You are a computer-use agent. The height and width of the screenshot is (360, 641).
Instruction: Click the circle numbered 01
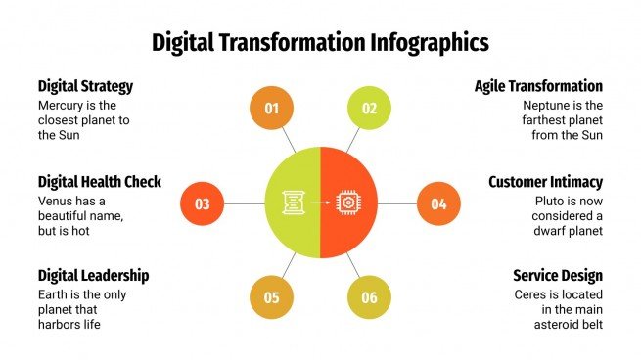[x=272, y=109]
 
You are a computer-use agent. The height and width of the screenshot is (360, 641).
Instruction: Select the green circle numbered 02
[x=369, y=109]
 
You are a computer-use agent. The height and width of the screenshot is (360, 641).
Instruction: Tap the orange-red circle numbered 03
[x=203, y=203]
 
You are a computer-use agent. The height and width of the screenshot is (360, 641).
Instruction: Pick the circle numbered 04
[x=438, y=203]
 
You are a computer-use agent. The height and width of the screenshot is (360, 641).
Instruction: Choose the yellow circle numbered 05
[x=272, y=297]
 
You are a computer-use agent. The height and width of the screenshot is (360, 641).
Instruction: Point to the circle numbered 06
[x=369, y=297]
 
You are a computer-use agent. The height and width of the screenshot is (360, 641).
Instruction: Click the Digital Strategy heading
[x=85, y=86]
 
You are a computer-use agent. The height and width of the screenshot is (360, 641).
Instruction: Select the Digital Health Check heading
[x=99, y=181]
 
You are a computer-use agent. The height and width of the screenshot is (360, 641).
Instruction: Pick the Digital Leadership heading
[x=93, y=275]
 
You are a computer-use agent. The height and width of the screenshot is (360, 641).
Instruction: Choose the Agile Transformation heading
[x=538, y=86]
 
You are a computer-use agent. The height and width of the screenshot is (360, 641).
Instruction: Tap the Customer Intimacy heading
[x=545, y=181]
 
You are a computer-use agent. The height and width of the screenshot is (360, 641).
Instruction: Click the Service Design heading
[x=557, y=275]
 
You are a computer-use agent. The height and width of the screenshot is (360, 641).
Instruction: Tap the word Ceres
[x=532, y=293]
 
